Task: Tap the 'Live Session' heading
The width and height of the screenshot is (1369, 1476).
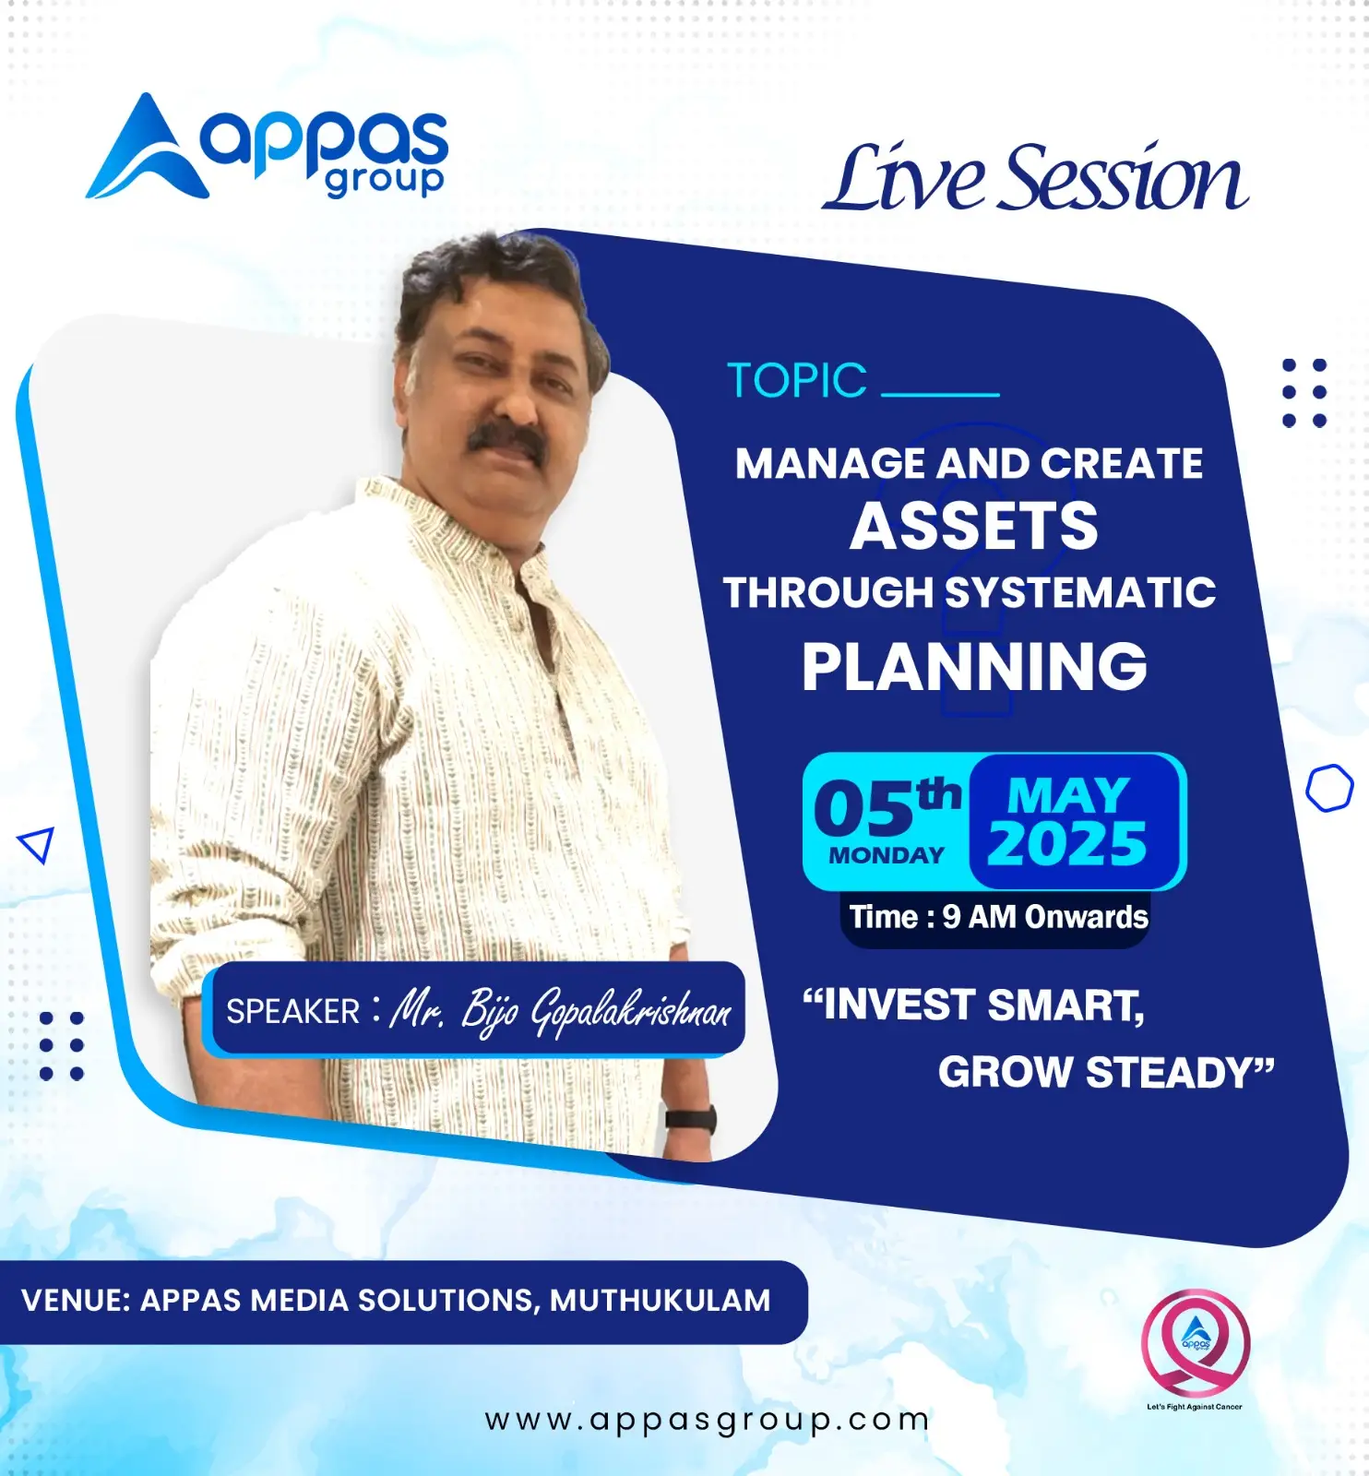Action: point(1035,178)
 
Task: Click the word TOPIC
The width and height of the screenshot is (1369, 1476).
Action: point(797,380)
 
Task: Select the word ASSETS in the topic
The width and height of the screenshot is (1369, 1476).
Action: point(974,526)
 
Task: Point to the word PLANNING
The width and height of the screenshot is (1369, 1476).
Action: point(974,666)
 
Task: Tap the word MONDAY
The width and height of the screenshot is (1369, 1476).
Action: point(887,855)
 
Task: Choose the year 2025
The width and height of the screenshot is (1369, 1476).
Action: point(1066,843)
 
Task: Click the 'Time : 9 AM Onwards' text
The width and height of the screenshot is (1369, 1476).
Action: point(999,917)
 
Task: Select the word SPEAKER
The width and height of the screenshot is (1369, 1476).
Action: point(292,1012)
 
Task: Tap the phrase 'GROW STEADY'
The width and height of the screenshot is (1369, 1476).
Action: point(1105,1072)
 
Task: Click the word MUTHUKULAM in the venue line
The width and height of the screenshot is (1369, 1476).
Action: point(661,1301)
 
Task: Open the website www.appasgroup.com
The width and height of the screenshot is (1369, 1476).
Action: point(708,1420)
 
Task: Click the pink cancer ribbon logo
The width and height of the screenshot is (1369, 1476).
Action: point(1196,1343)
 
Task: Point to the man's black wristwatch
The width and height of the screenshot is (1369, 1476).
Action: point(691,1119)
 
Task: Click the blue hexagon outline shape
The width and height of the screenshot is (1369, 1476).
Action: point(1329,788)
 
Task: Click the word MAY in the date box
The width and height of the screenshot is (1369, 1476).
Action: point(1068,795)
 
